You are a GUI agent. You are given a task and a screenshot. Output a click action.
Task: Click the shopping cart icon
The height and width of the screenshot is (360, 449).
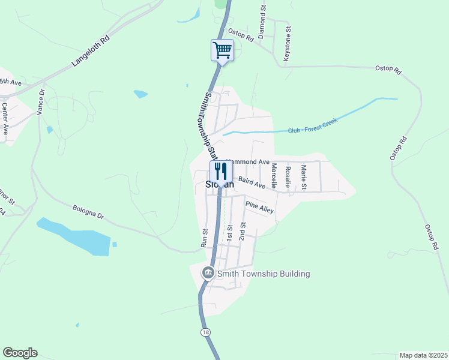[x=222, y=50]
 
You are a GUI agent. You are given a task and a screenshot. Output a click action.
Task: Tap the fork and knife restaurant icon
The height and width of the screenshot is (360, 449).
[x=220, y=171]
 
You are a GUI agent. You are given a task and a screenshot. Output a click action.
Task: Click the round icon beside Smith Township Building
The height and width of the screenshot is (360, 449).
[x=208, y=273]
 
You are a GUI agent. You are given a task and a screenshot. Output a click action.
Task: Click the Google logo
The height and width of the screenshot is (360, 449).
[x=20, y=353]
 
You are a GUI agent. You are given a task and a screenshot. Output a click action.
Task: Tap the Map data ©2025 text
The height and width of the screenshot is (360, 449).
[x=423, y=355]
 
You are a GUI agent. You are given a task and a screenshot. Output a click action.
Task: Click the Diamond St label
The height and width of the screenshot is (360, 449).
[x=262, y=23]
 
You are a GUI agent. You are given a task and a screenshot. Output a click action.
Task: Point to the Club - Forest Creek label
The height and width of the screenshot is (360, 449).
[x=312, y=126]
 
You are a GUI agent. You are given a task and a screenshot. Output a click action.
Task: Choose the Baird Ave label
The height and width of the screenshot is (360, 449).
[x=252, y=182]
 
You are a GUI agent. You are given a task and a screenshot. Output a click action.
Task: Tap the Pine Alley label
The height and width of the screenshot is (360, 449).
[x=259, y=208]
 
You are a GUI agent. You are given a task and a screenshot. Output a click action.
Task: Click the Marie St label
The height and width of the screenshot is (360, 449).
[x=304, y=177]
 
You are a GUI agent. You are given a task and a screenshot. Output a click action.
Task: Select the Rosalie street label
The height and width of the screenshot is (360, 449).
[x=288, y=176]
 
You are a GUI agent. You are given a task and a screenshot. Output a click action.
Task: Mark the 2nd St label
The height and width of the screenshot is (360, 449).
[x=243, y=231]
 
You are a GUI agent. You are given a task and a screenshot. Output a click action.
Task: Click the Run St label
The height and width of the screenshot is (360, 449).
[x=204, y=238]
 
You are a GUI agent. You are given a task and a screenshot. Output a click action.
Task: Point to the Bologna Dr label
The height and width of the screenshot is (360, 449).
[x=88, y=212]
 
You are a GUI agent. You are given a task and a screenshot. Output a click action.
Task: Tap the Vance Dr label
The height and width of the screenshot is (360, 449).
[x=41, y=102]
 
